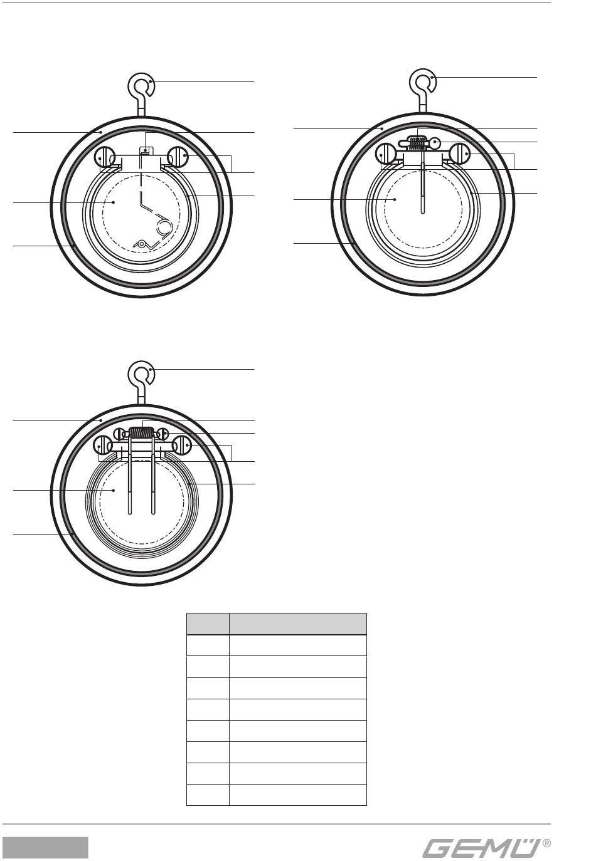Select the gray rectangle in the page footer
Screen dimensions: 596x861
45,847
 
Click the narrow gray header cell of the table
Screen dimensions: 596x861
208,624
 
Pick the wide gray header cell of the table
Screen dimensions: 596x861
298,624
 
